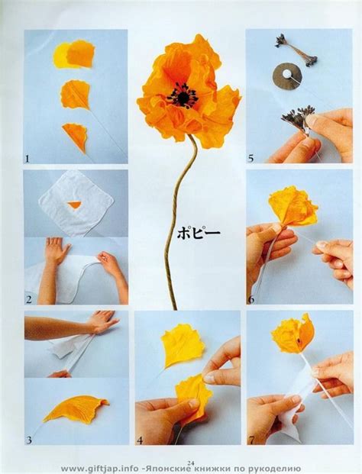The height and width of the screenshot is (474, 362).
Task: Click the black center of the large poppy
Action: (x=183, y=95)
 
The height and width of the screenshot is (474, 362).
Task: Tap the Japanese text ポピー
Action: (x=199, y=234)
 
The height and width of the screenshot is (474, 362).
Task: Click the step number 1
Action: (x=27, y=159)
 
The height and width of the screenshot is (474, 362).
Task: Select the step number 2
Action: (x=29, y=299)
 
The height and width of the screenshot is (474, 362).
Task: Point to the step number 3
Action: (x=29, y=440)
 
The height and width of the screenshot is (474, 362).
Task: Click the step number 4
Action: (x=140, y=440)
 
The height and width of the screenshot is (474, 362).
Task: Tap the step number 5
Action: (x=250, y=159)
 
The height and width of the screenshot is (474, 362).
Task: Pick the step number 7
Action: (x=251, y=440)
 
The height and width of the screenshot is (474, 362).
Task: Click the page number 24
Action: (x=191, y=463)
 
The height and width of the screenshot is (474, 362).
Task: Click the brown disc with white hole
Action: (x=287, y=76)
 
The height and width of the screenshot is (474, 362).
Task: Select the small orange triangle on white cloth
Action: (x=74, y=205)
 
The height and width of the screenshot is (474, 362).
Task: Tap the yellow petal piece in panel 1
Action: (x=61, y=55)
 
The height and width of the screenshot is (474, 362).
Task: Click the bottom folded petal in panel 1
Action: (x=76, y=137)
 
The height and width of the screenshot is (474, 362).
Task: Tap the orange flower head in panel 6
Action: (x=293, y=206)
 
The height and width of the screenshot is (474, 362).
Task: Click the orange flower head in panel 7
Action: (x=294, y=334)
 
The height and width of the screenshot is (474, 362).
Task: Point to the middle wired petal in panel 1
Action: (x=76, y=95)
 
